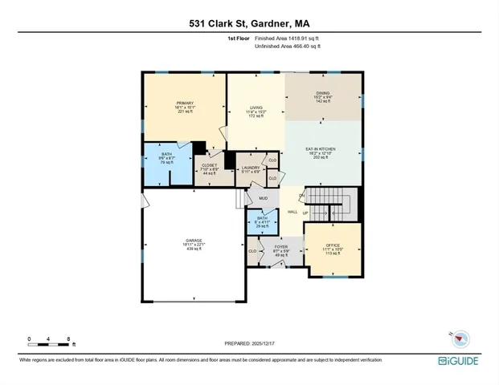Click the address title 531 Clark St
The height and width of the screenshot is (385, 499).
(x=249, y=23)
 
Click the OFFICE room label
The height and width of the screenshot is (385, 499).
(x=333, y=248)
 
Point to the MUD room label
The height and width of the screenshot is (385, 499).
(x=263, y=197)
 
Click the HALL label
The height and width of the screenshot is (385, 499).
(x=293, y=212)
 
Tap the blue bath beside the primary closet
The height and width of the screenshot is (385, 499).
(x=166, y=159)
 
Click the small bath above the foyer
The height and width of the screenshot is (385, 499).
(x=262, y=221)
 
